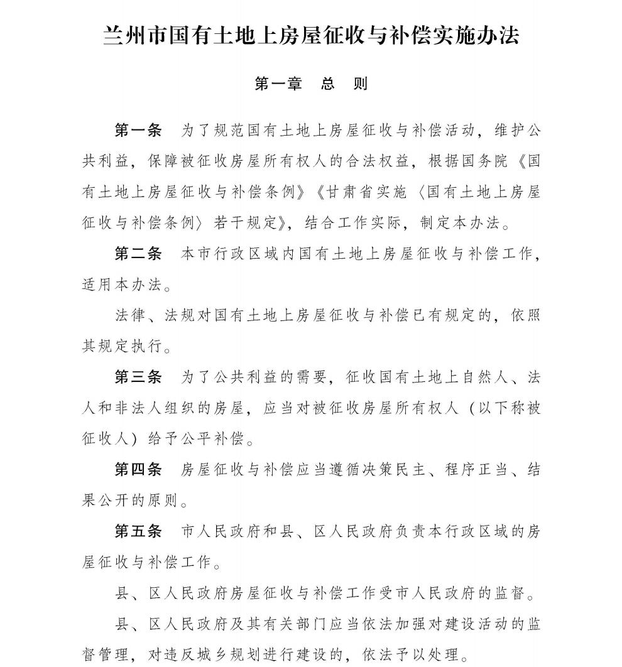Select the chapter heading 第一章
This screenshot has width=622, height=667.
pyautogui.click(x=278, y=84)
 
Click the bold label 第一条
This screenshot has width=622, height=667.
pyautogui.click(x=138, y=131)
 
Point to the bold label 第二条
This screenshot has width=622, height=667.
pyautogui.click(x=138, y=254)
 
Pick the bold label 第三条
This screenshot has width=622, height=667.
pyautogui.click(x=138, y=377)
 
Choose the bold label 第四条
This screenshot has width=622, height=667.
pyautogui.click(x=138, y=469)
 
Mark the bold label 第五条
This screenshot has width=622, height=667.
pyautogui.click(x=138, y=531)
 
